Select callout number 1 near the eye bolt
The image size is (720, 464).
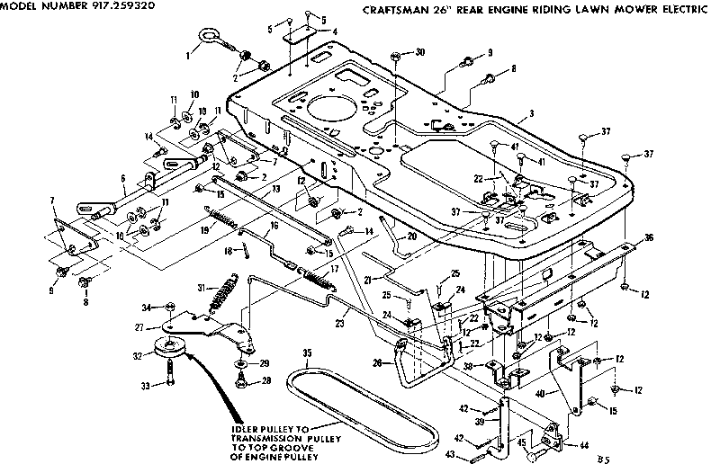(188, 55)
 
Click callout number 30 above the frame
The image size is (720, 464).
(420, 53)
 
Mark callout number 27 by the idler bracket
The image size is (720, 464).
(140, 328)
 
